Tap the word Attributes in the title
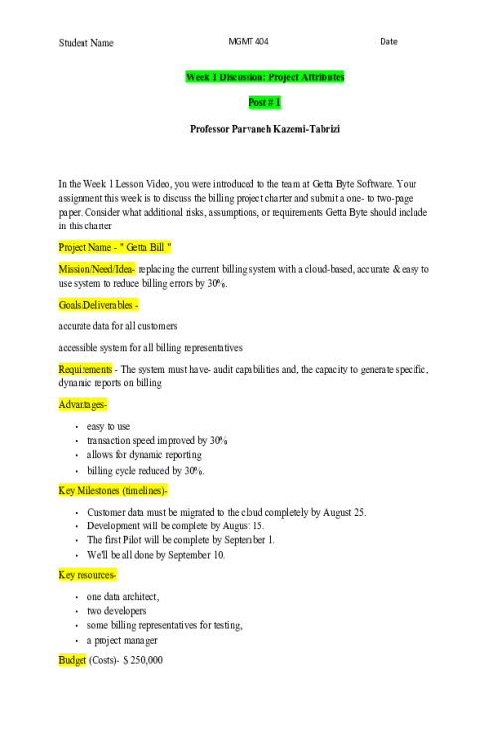[325, 77]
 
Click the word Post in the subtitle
[258, 102]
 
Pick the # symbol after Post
[271, 102]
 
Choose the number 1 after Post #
[278, 102]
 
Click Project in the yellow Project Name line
[72, 247]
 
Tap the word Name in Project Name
[99, 247]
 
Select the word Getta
[138, 247]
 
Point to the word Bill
[159, 247]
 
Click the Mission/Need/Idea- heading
[96, 269]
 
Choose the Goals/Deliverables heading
[97, 305]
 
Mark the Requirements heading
[85, 369]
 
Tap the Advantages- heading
[83, 404]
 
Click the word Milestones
[98, 490]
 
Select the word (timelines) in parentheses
[145, 490]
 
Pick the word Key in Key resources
[66, 575]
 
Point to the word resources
[96, 575]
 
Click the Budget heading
[73, 660]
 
